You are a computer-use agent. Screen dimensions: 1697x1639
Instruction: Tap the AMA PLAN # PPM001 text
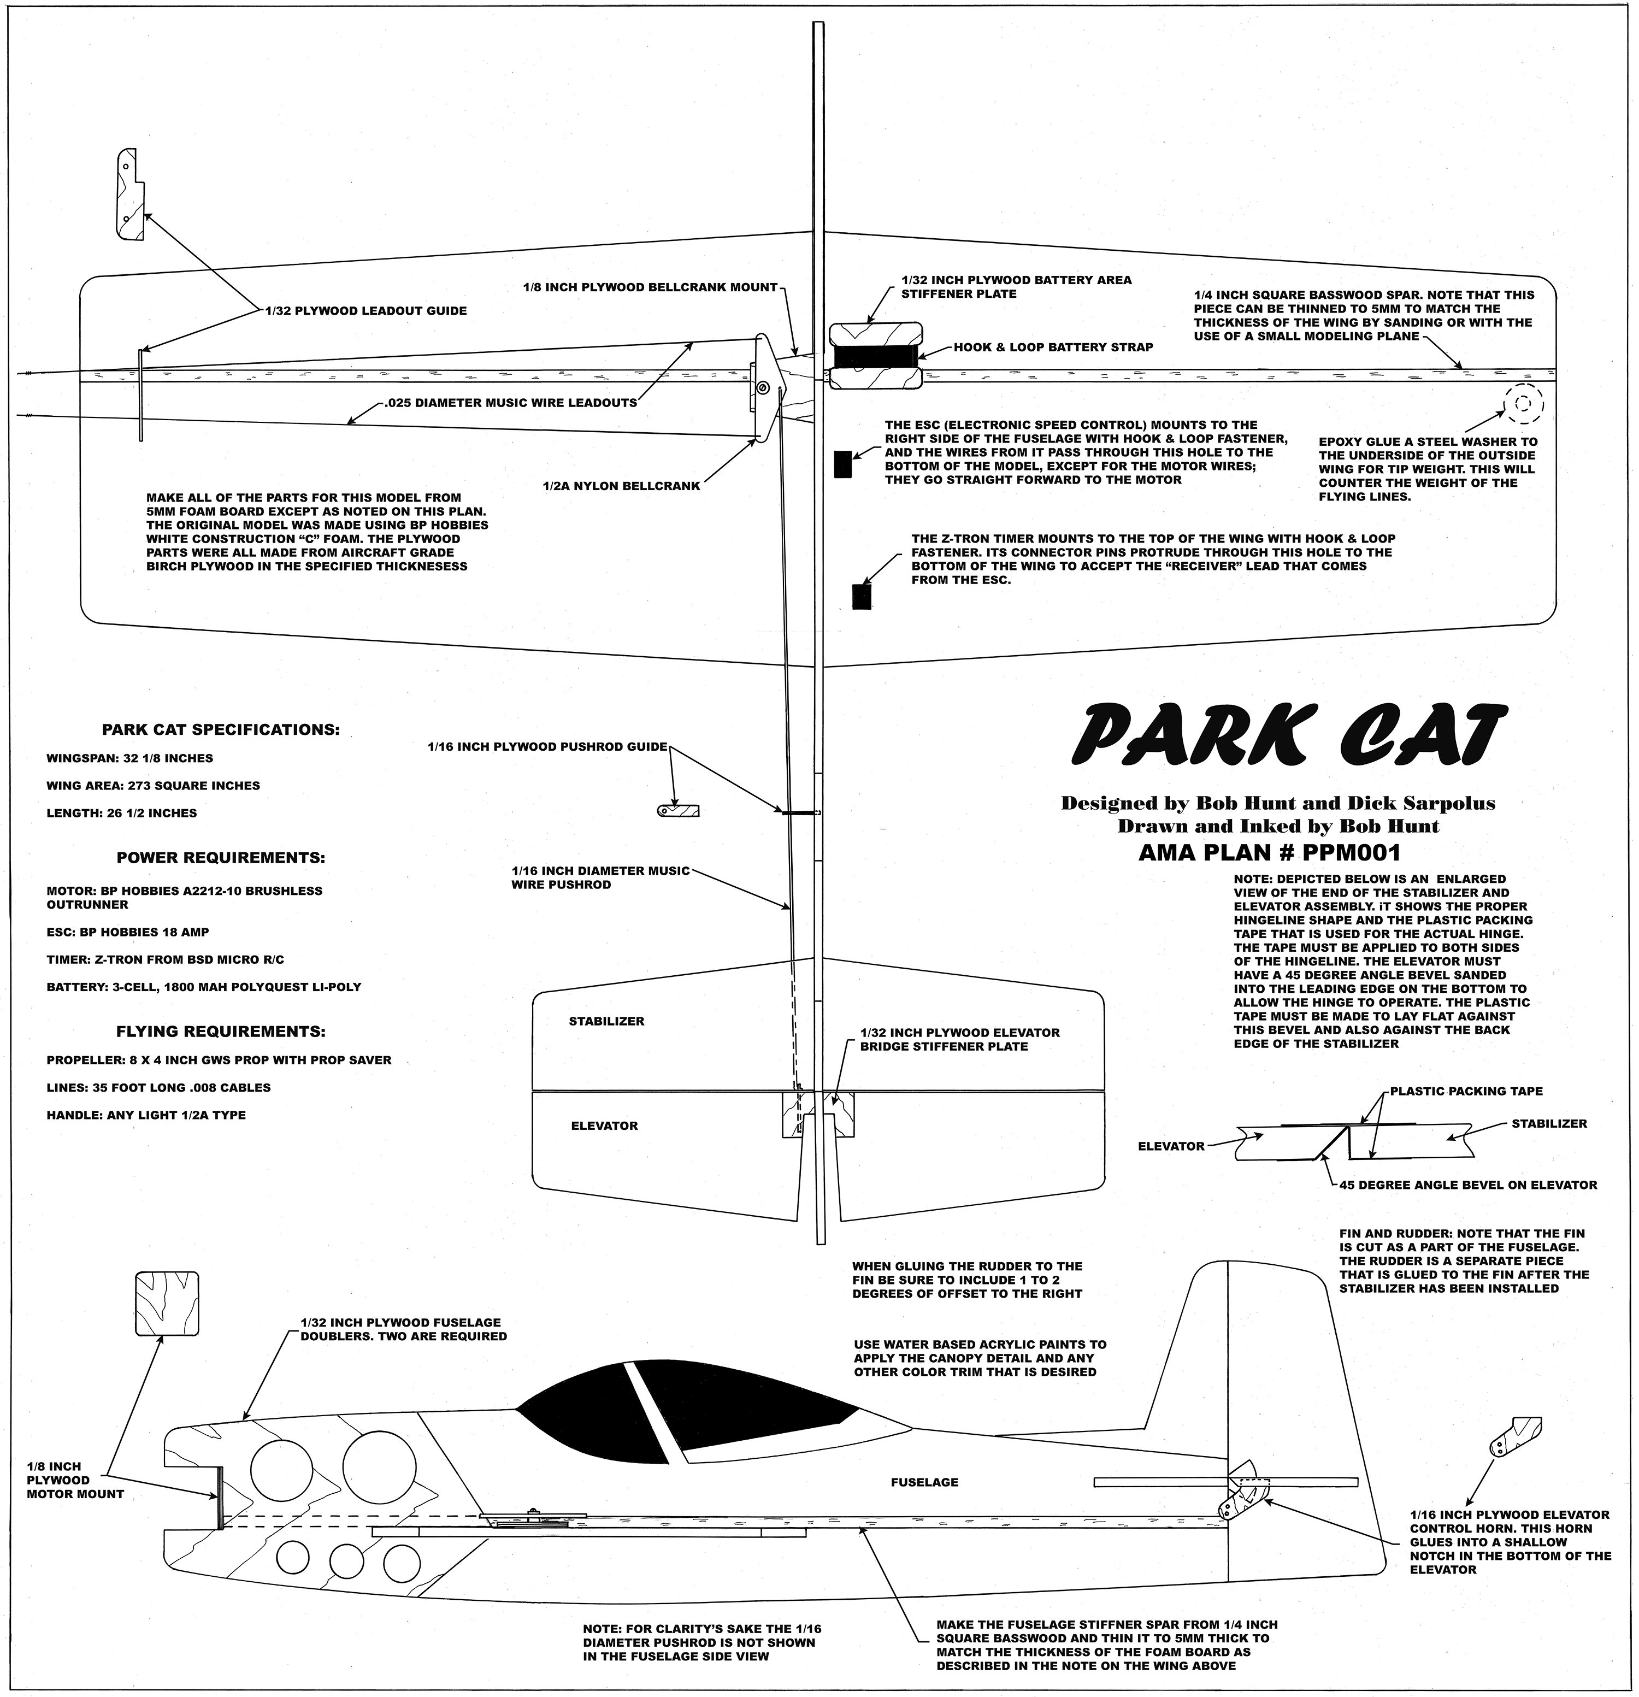(x=1269, y=853)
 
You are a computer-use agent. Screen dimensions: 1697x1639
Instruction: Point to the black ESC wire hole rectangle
(x=842, y=465)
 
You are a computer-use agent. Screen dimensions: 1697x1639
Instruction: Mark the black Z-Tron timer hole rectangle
(x=862, y=597)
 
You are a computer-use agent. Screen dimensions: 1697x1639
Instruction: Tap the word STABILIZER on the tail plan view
(x=606, y=1022)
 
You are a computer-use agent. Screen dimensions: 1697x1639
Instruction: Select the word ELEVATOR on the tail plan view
(x=604, y=1127)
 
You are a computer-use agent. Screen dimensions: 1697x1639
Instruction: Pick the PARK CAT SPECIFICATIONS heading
(x=221, y=730)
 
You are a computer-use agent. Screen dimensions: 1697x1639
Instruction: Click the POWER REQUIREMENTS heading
(x=221, y=859)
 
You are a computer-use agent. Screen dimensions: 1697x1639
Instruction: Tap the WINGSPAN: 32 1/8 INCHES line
(x=130, y=758)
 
